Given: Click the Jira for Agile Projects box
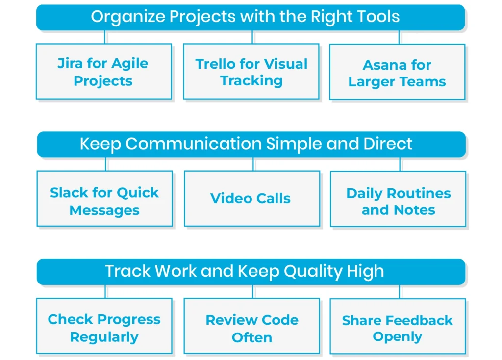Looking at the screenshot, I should tap(103, 72).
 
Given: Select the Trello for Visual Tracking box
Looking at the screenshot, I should tap(251, 72).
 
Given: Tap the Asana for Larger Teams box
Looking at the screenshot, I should tap(397, 72).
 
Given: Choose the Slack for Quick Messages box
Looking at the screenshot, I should tap(104, 199).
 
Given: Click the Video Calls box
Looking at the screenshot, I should tap(251, 199).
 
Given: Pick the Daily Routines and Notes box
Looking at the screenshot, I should tap(398, 199).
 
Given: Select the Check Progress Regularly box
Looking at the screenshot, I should tap(104, 326).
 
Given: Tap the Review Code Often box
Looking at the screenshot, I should tap(251, 326).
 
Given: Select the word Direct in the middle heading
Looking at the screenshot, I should tap(388, 144).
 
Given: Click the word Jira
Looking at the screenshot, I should tap(70, 64).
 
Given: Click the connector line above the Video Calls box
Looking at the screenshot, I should tap(253, 164).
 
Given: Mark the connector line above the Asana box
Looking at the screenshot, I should tap(399, 37).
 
